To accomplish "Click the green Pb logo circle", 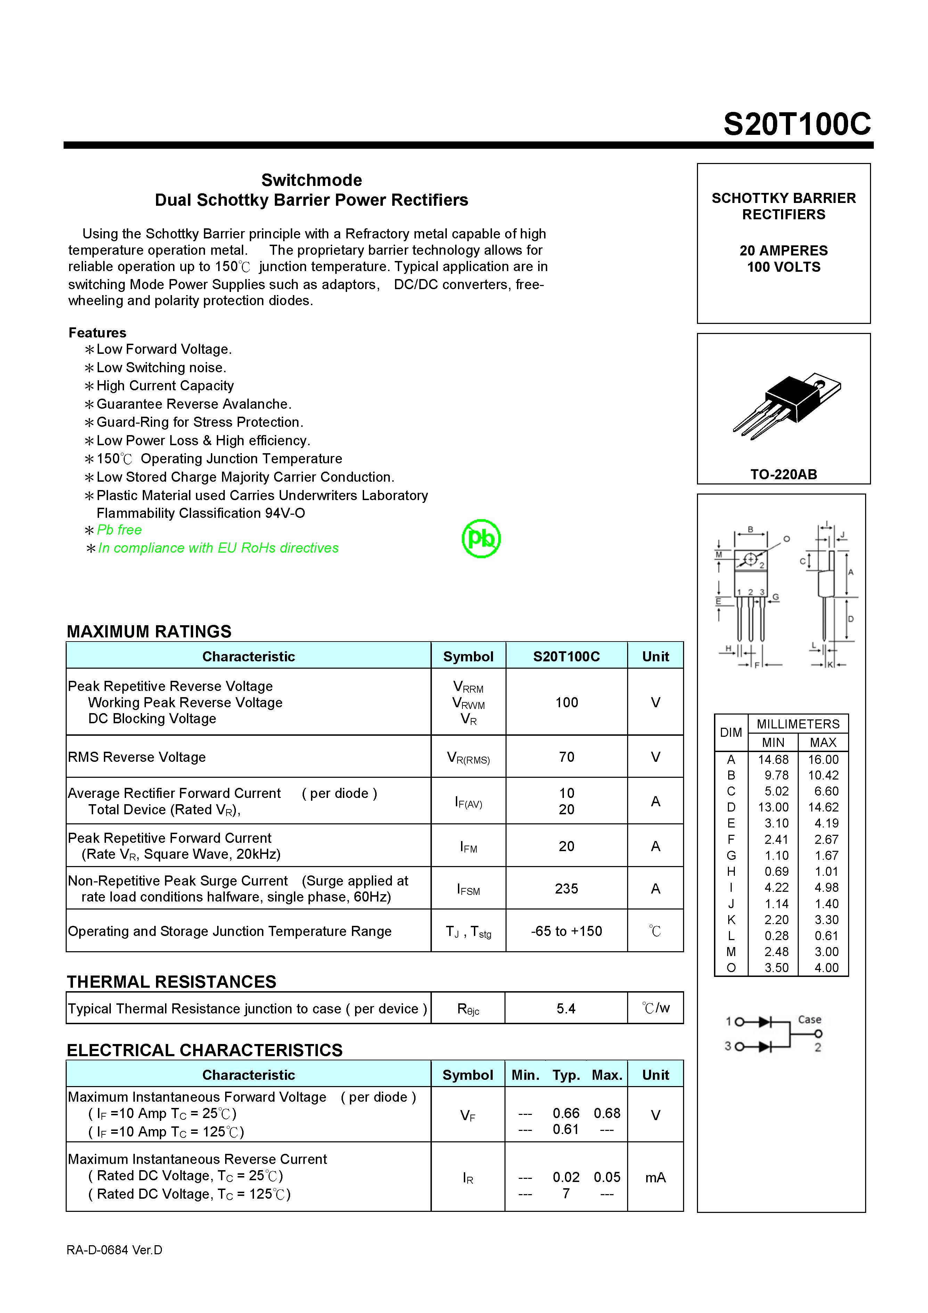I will point(481,538).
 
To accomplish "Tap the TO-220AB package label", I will point(783,474).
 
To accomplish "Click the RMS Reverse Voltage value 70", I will point(566,757).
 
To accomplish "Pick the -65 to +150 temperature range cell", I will point(566,931).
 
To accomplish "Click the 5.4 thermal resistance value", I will point(566,1008).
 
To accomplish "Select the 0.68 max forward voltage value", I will point(607,1113).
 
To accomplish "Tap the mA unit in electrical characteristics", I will point(655,1177).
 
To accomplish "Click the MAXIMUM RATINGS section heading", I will point(149,631).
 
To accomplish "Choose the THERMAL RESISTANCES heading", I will point(172,981).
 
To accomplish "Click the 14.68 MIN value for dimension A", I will point(773,759).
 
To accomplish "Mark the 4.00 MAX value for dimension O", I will point(826,968).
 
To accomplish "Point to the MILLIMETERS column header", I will point(798,724).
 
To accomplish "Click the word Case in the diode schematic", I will point(809,1019).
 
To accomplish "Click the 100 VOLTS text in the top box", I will point(783,267).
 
